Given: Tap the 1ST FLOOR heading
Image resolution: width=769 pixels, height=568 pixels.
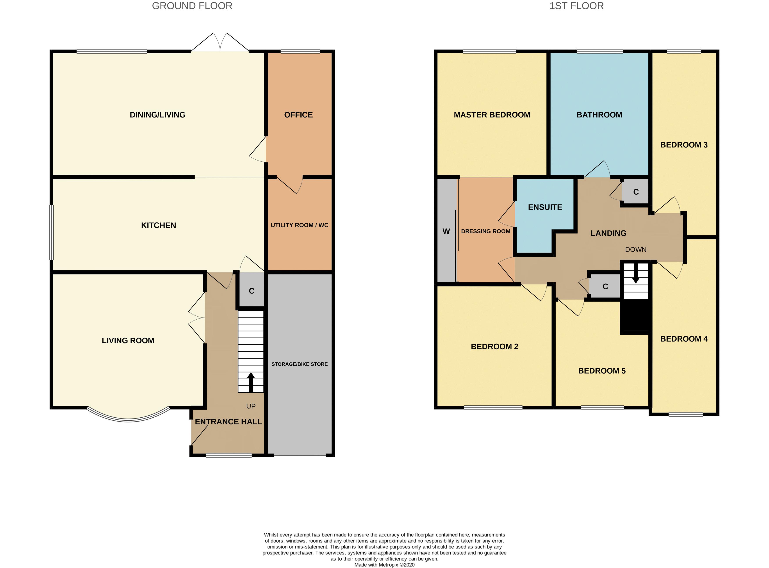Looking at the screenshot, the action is point(576,6).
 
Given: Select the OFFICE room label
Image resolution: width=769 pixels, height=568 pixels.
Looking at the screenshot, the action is point(298,115).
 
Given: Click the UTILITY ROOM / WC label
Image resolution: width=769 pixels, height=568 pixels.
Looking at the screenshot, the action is point(299,225).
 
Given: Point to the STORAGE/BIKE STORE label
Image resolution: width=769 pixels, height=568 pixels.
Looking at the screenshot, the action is point(299,364).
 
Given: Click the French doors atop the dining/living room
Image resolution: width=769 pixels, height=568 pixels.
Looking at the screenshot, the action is point(220,42).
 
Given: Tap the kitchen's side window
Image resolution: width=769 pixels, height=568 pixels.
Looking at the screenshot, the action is point(51,232).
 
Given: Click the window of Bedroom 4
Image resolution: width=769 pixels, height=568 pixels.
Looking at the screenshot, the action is point(685,414).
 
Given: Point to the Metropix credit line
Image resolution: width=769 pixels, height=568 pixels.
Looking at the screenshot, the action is point(384,564).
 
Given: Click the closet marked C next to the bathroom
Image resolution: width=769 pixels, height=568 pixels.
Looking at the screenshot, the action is point(635,192).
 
